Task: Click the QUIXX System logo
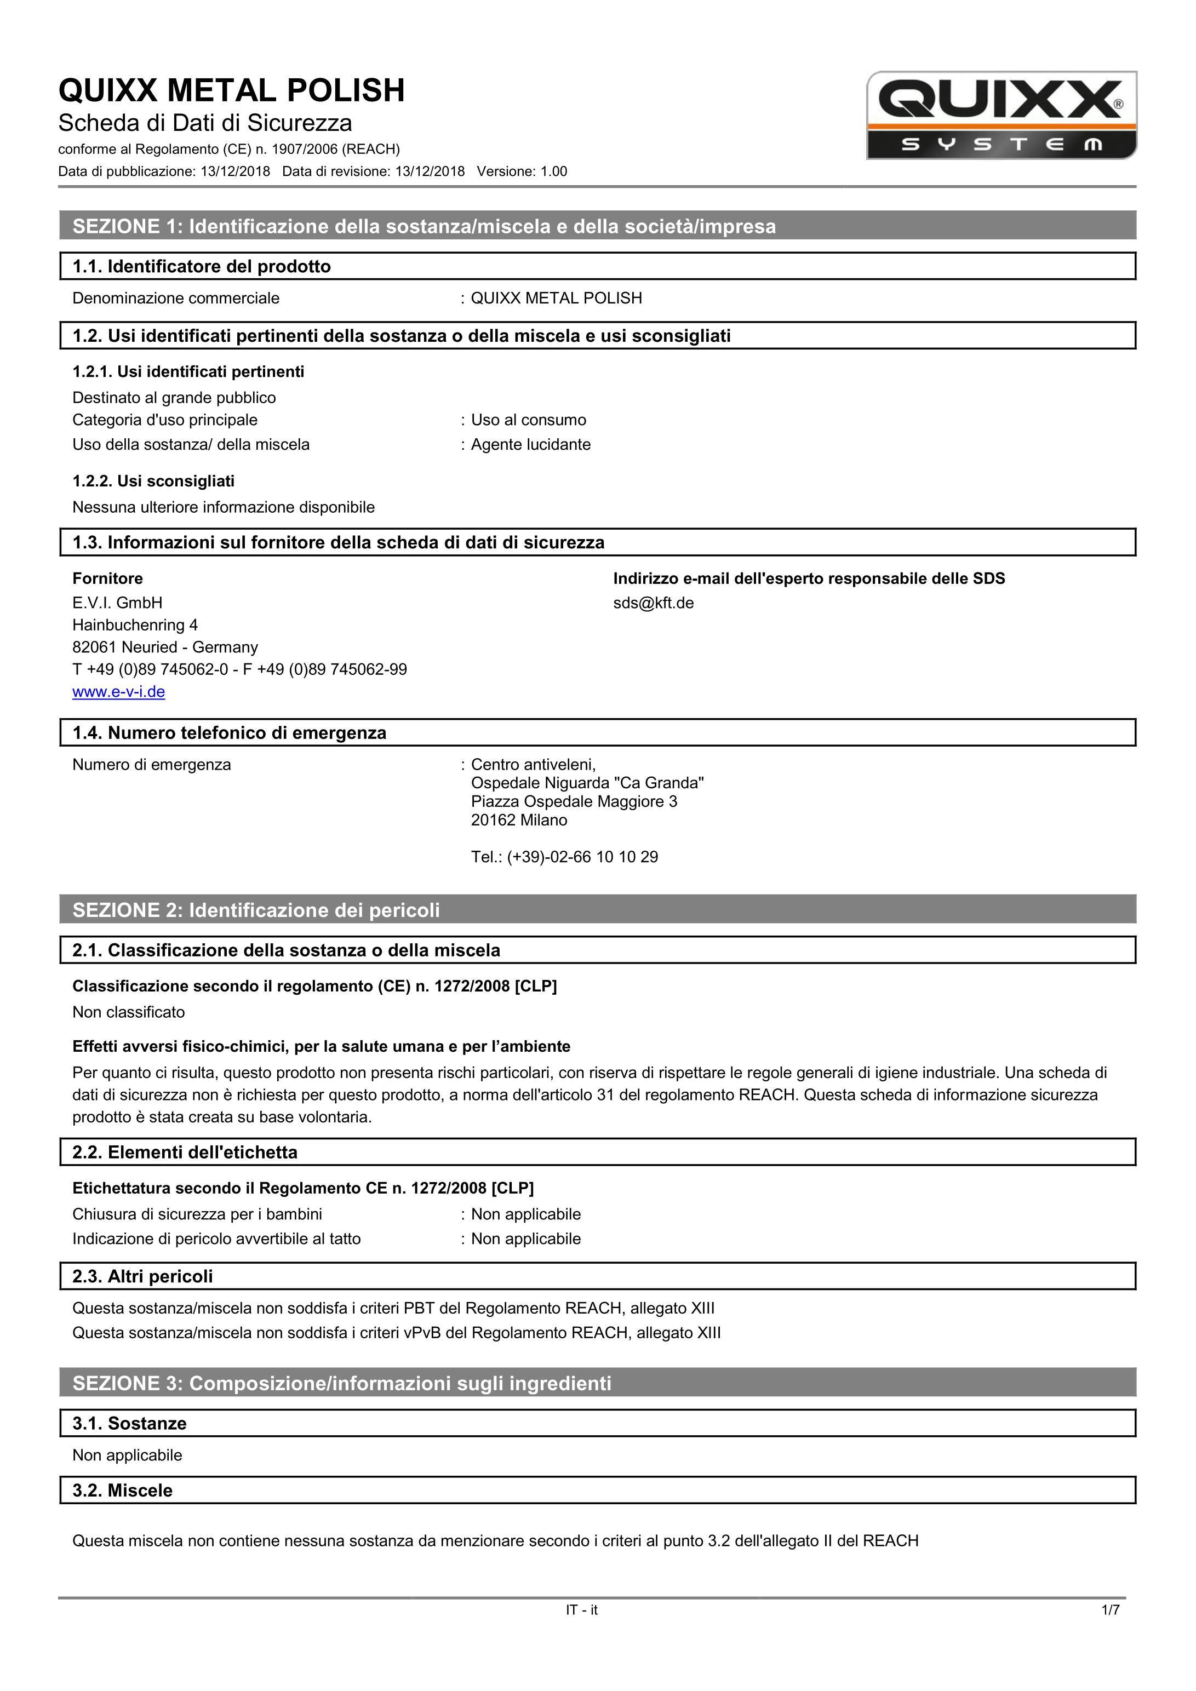pos(1001,116)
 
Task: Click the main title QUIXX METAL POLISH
pos(231,90)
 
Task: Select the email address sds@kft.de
pos(653,603)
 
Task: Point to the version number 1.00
pos(554,171)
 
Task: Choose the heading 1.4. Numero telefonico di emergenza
pos(229,733)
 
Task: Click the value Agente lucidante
pos(530,445)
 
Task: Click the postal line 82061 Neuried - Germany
pos(165,647)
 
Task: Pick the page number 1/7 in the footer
pos(1110,1610)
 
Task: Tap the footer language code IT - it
pos(581,1610)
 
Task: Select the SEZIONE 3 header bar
pos(597,1383)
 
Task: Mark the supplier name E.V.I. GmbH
pos(117,603)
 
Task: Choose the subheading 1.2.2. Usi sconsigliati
pos(153,481)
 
